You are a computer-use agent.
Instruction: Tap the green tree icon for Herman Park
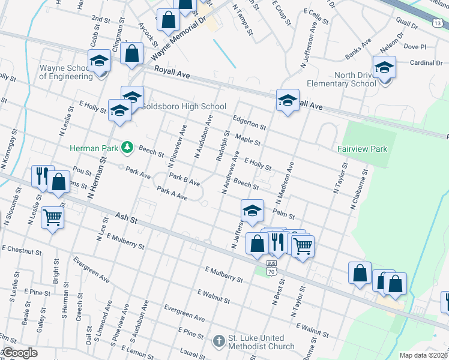coord(127,147)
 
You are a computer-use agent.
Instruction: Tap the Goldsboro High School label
coord(175,107)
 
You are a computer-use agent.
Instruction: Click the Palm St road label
coord(282,212)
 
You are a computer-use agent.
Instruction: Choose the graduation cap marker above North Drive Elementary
coord(384,67)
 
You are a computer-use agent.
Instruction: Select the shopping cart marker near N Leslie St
coord(53,217)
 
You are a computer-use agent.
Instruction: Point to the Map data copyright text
coord(424,355)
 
